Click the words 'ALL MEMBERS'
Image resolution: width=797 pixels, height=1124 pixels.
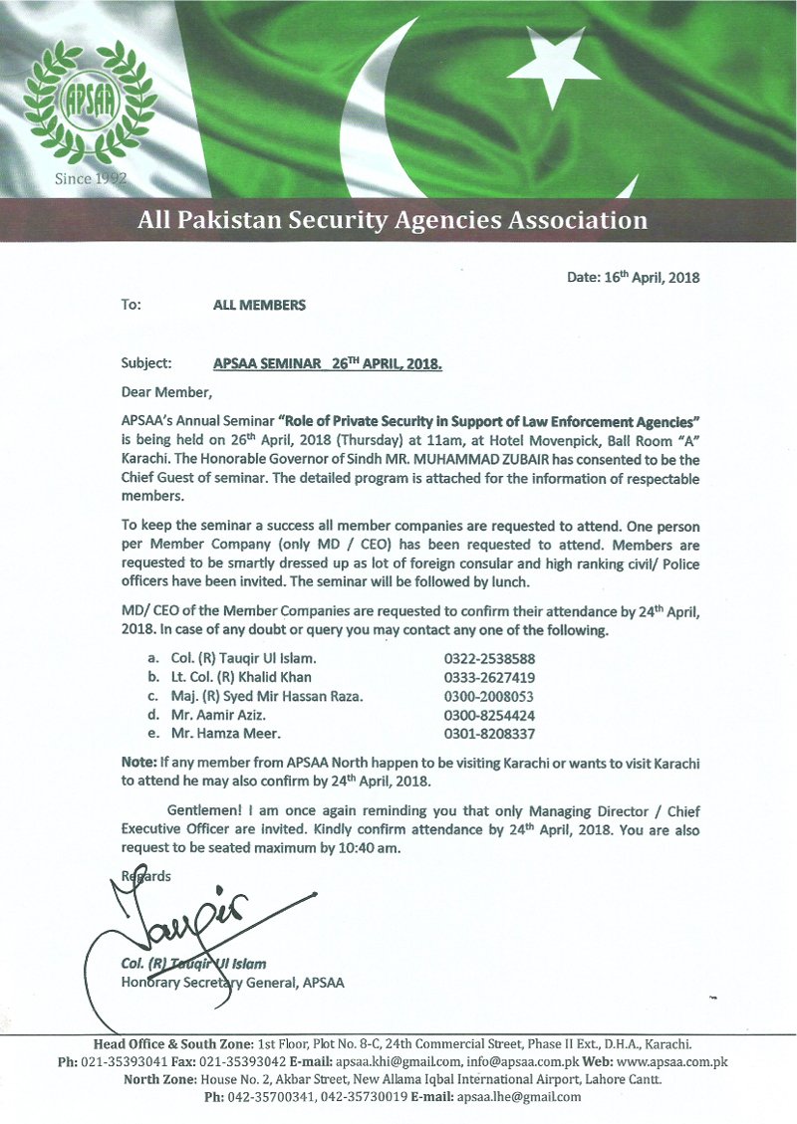click(x=259, y=306)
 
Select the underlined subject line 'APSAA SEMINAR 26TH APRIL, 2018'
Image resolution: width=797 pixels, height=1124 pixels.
click(x=328, y=364)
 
